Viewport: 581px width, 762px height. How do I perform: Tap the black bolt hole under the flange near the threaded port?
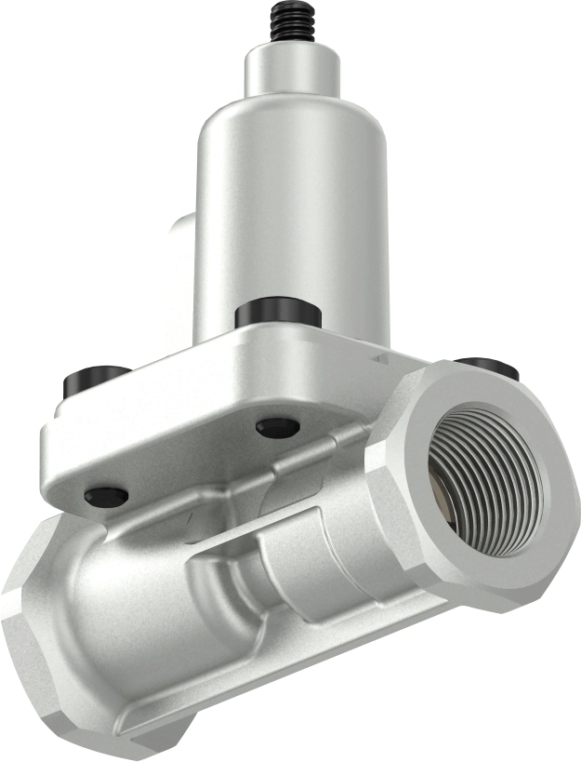278,427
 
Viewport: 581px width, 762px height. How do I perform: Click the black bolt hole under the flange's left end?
106,496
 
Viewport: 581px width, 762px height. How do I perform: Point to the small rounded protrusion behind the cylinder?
181,233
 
